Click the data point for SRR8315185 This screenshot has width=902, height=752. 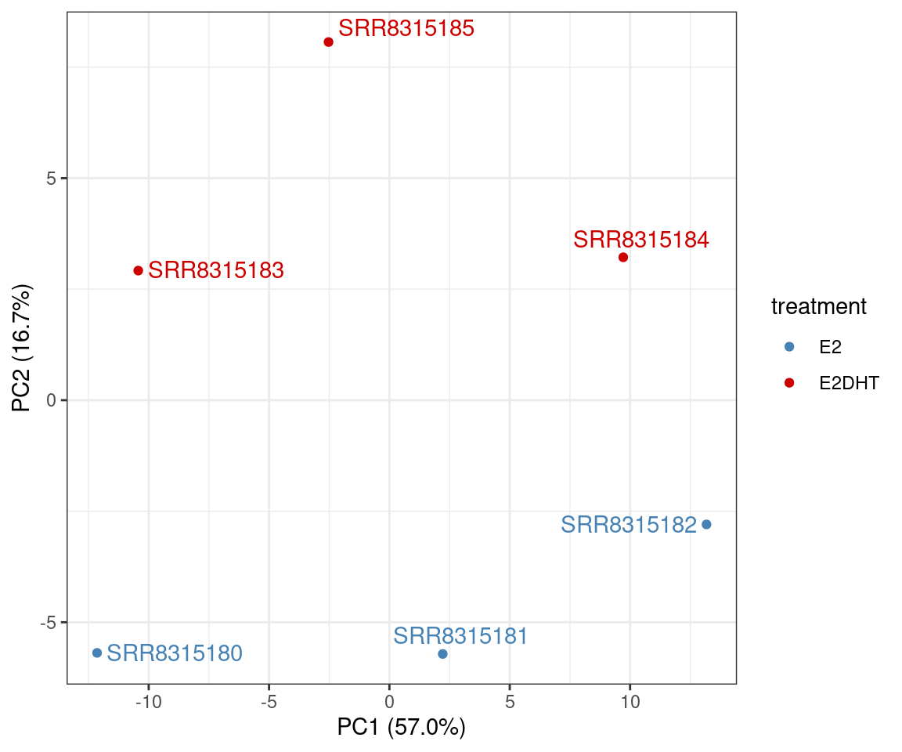328,42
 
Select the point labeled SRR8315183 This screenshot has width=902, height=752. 139,270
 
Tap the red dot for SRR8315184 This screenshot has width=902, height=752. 623,257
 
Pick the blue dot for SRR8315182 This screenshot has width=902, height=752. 706,524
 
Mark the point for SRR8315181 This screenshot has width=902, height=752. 442,653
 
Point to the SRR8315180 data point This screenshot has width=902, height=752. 97,653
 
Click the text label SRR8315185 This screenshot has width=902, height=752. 406,29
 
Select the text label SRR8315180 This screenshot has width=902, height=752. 175,653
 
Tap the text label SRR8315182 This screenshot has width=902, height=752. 629,525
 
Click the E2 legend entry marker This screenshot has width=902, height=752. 789,346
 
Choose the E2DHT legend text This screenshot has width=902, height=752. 849,383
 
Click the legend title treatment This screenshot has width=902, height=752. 818,307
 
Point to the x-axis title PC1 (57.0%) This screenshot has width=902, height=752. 401,728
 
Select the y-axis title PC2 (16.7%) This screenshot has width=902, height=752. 22,349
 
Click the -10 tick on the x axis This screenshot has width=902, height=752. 148,702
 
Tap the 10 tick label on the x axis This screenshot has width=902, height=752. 630,702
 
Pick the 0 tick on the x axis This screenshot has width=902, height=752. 389,702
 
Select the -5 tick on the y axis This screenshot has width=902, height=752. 49,623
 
